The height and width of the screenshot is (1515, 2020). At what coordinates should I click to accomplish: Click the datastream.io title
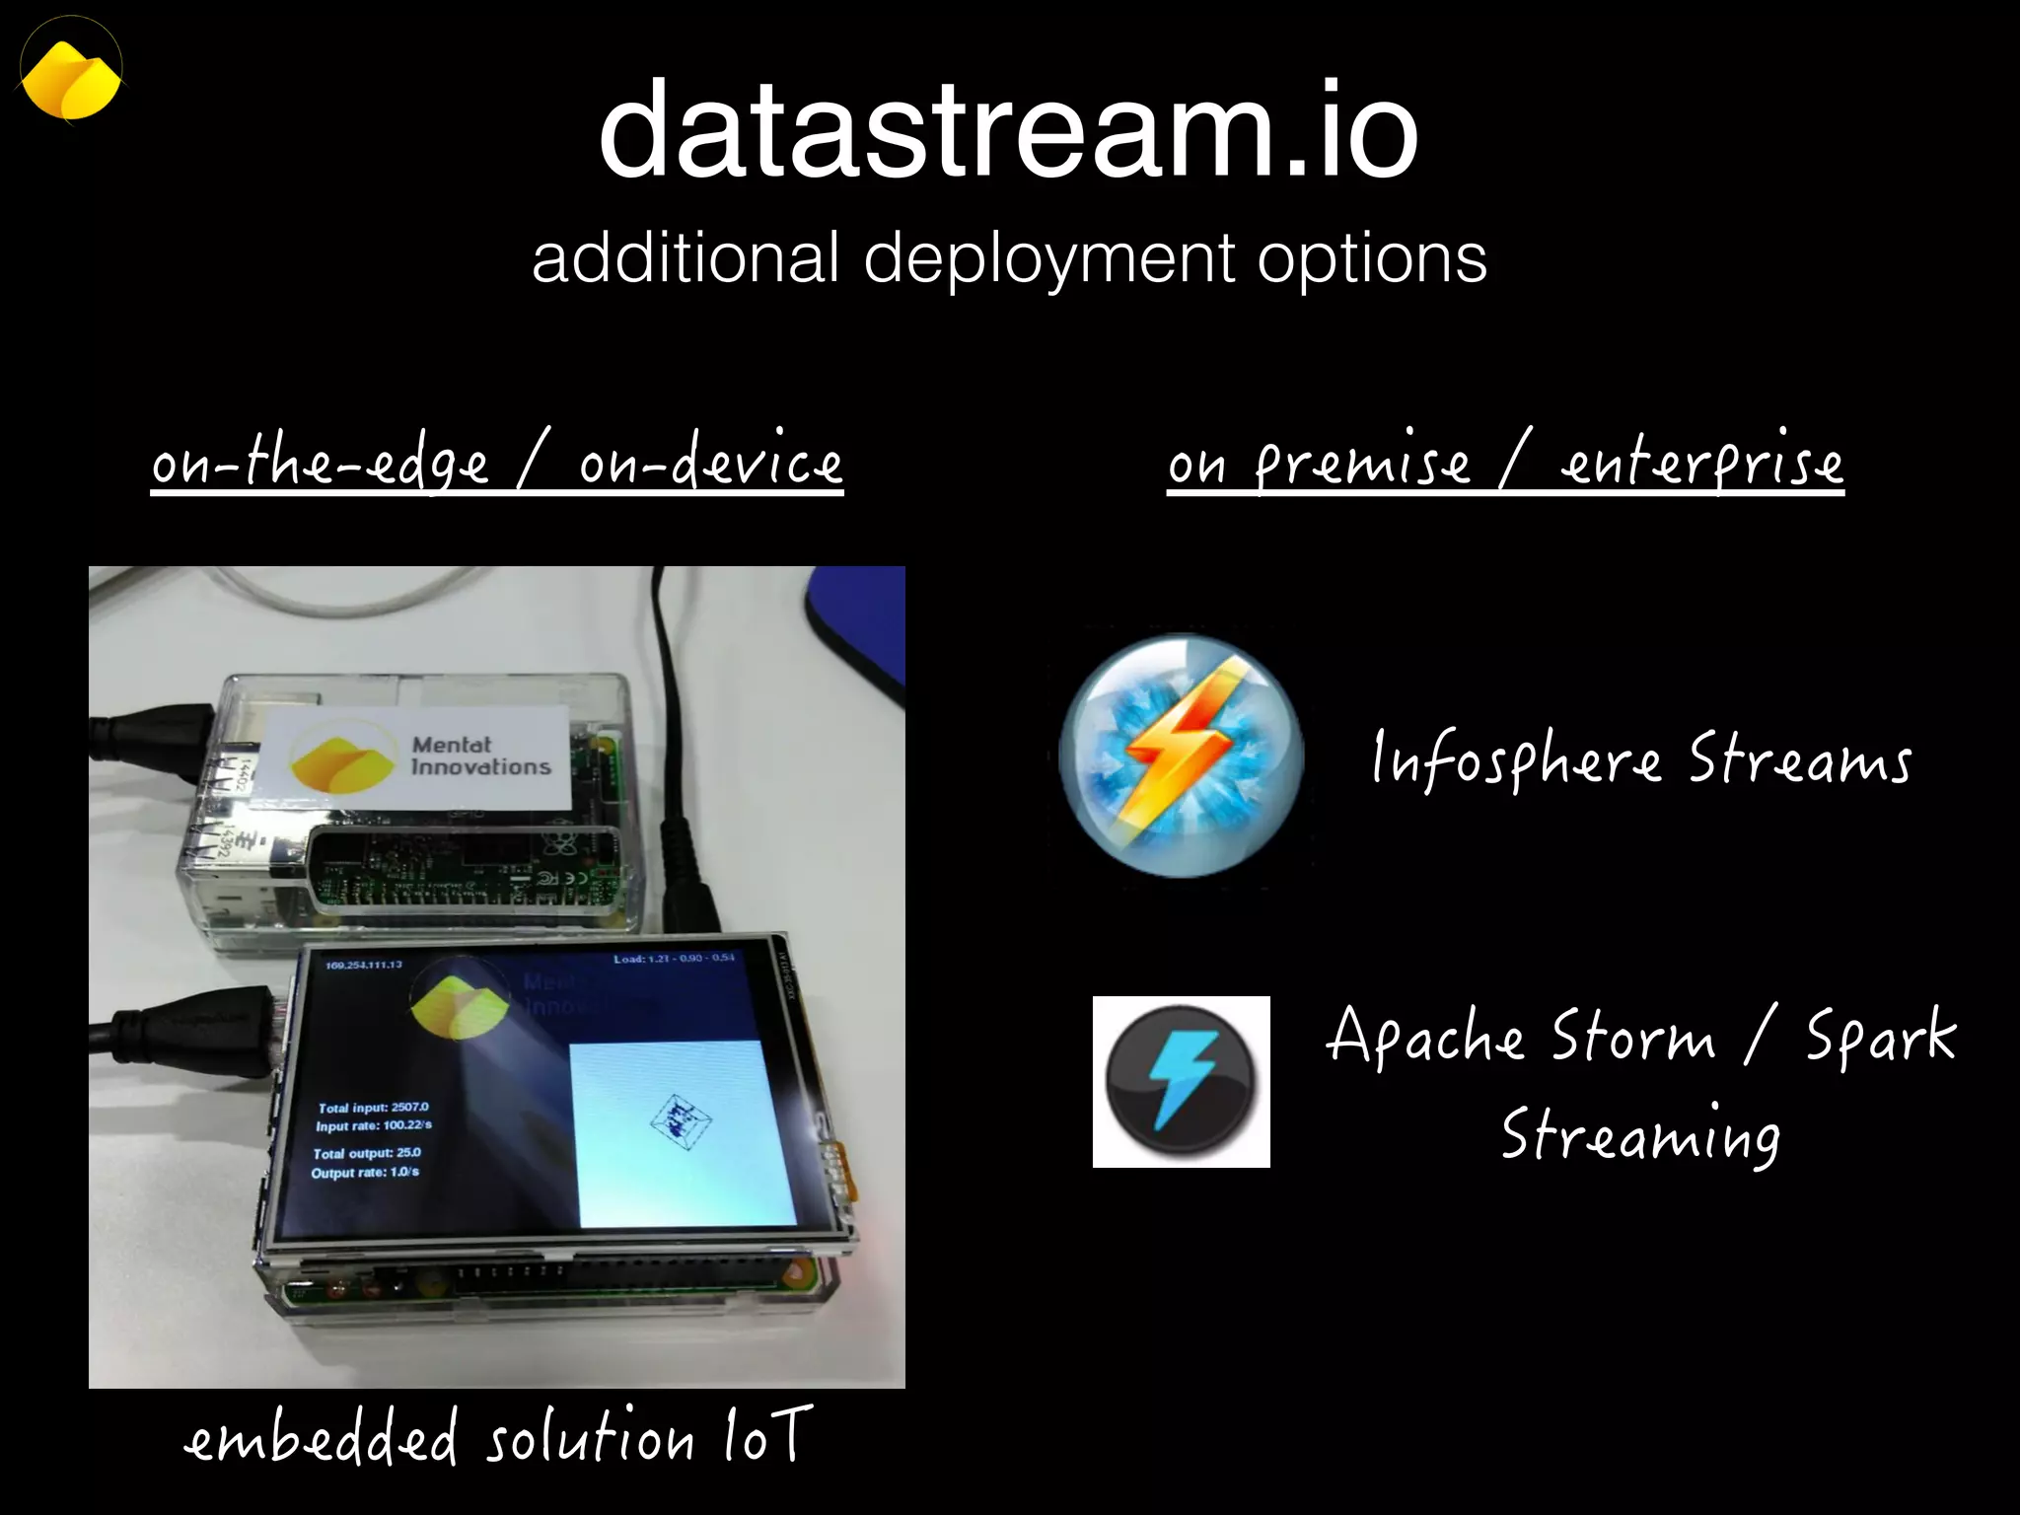click(1008, 131)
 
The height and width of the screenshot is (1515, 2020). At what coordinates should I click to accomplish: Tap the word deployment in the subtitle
click(1047, 258)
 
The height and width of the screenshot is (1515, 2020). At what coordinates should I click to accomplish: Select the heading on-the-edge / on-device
click(497, 462)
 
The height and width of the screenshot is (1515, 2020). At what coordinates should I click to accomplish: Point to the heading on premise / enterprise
click(1505, 462)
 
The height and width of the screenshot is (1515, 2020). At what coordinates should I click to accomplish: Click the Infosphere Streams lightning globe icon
click(1181, 756)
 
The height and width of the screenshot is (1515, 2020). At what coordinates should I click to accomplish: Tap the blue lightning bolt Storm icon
click(1181, 1082)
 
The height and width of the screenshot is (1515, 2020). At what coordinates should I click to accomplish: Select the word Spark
click(1880, 1038)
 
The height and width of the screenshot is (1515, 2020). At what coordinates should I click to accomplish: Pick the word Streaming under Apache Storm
click(1640, 1134)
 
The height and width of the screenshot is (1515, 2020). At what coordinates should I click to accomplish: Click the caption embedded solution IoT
click(498, 1436)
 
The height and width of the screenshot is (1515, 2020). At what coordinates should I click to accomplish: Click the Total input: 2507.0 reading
click(373, 1107)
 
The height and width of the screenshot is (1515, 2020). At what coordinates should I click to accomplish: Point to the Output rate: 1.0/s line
click(365, 1172)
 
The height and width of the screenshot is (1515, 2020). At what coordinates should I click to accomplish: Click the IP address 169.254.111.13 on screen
click(363, 964)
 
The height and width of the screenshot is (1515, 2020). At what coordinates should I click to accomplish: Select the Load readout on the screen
click(674, 958)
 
